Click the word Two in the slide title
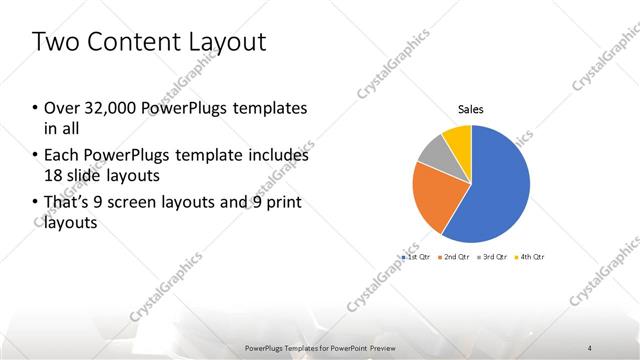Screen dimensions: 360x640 pyautogui.click(x=57, y=42)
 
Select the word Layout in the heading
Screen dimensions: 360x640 pyautogui.click(x=231, y=42)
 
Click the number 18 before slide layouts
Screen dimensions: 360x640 pyautogui.click(x=53, y=176)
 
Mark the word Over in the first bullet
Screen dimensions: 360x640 pyautogui.click(x=58, y=108)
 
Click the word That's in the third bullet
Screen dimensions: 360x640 pyautogui.click(x=64, y=204)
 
